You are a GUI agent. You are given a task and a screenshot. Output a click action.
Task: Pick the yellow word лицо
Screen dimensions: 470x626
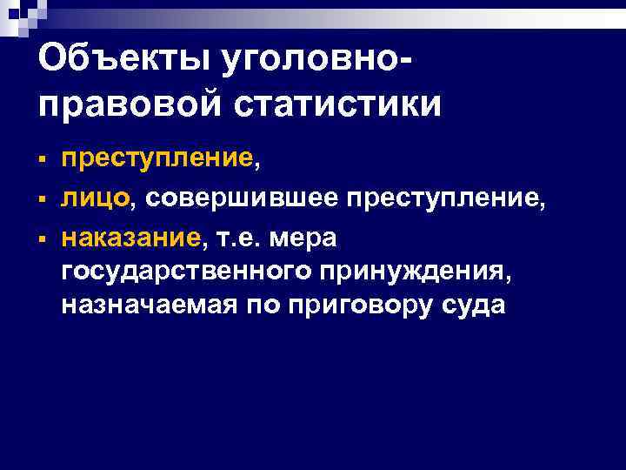pos(95,198)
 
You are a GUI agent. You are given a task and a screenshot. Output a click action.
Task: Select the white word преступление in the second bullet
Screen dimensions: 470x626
pos(446,198)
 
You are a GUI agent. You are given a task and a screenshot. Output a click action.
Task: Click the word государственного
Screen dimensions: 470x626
pos(183,272)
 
